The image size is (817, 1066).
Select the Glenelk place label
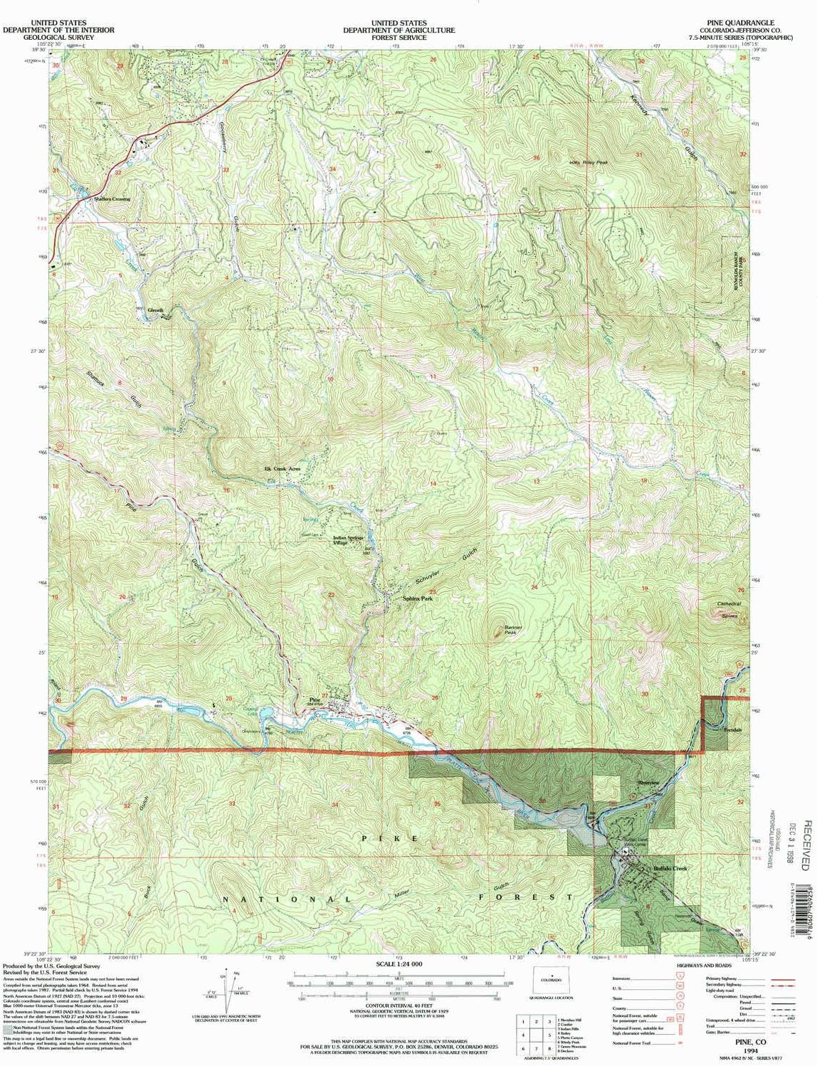point(156,310)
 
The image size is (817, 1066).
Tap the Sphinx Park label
point(418,599)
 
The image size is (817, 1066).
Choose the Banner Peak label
point(514,629)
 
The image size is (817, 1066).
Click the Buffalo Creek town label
point(670,869)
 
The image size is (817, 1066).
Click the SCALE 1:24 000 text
point(398,983)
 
